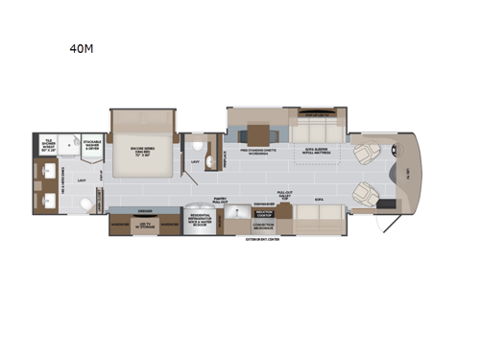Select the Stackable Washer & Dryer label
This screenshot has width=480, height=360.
click(92, 146)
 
